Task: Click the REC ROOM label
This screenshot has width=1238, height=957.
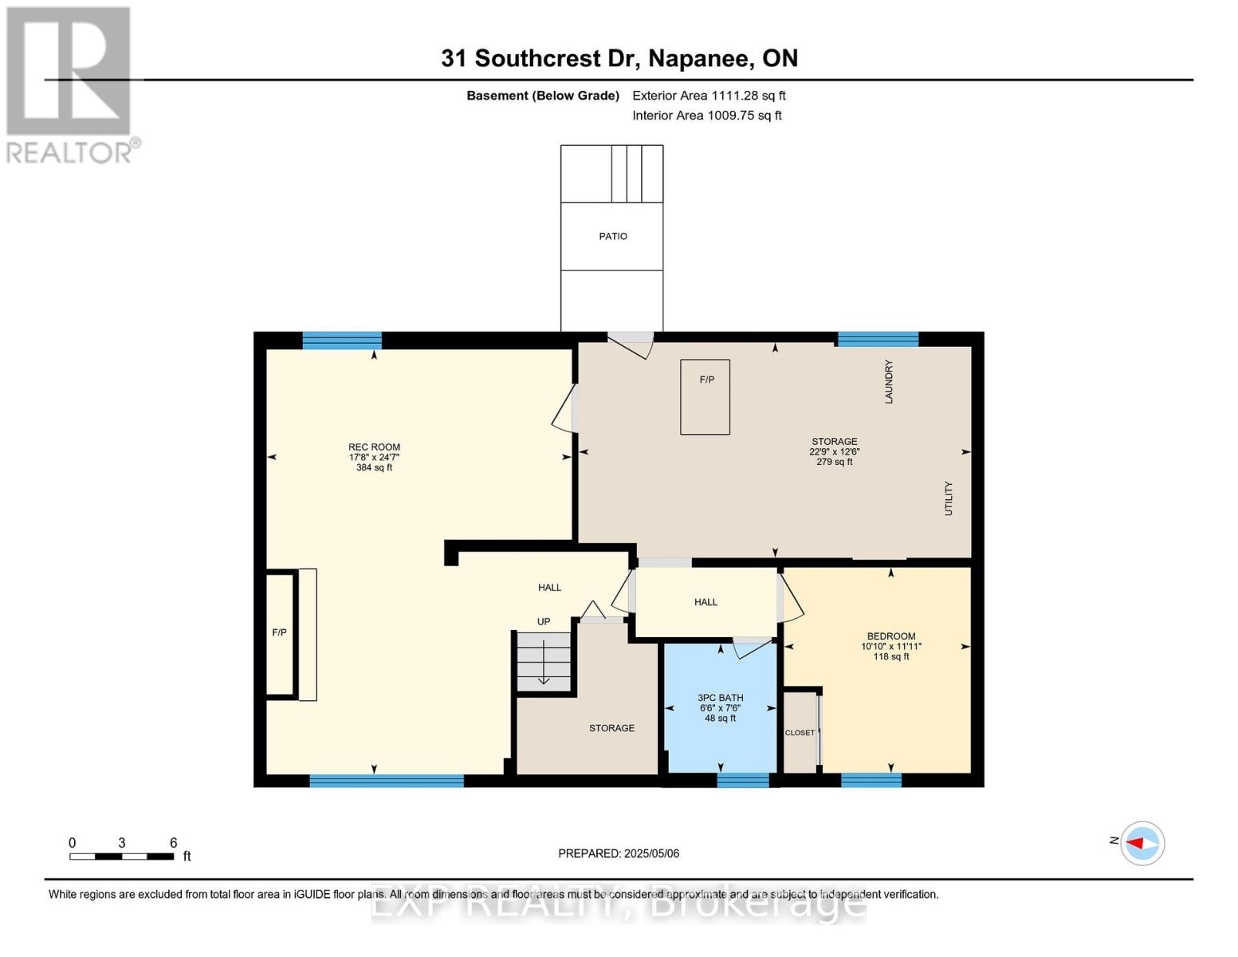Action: point(374,447)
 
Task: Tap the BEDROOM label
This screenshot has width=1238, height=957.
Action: point(890,636)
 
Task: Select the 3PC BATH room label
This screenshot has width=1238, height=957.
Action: point(720,698)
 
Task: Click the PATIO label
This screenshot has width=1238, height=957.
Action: point(612,236)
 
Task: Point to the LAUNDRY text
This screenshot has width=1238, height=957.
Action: point(888,381)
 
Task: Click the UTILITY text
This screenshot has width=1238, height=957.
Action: point(948,498)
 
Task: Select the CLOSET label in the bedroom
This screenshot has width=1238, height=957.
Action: point(800,733)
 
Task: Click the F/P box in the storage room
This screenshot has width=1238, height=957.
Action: point(705,396)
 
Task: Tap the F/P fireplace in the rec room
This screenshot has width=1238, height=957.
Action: point(281,633)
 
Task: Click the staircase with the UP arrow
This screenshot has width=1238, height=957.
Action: point(544,661)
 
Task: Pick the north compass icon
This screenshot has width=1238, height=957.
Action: point(1142,843)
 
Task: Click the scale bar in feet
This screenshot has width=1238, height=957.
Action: point(121,857)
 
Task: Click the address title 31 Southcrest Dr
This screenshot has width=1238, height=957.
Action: point(619,58)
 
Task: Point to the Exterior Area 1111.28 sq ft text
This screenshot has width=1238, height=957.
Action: point(709,96)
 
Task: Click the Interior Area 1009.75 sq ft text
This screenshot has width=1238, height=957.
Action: point(706,116)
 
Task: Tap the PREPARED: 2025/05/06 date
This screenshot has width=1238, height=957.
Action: point(619,853)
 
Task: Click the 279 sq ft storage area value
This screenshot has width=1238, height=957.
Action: point(834,462)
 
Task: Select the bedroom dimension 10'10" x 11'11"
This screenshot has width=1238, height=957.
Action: point(890,647)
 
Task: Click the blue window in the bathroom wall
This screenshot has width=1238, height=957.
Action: point(742,780)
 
